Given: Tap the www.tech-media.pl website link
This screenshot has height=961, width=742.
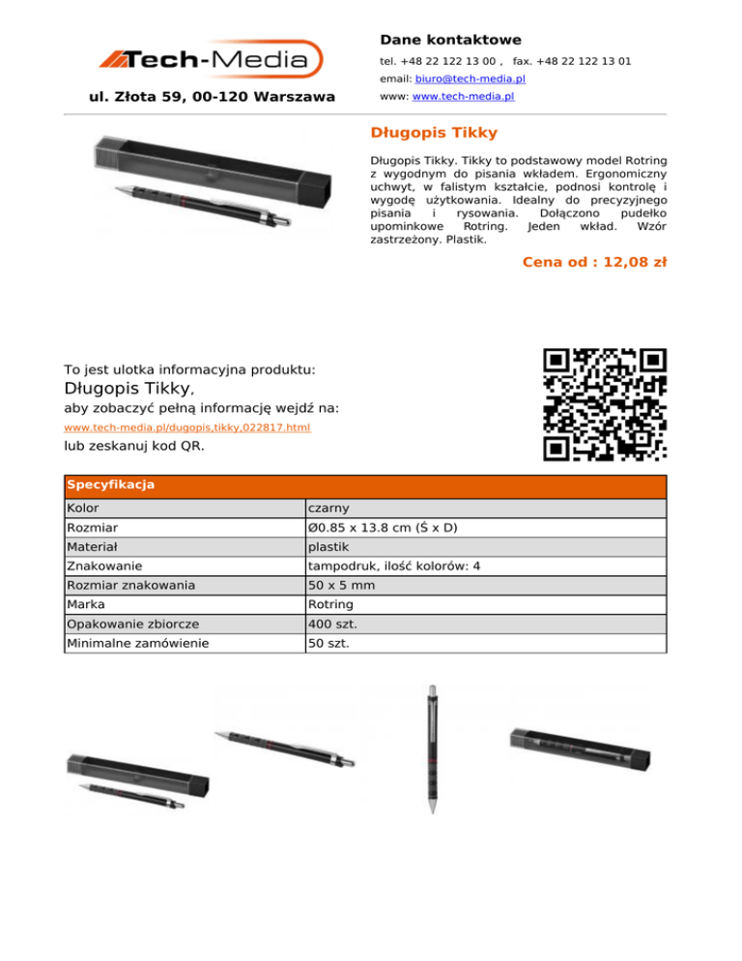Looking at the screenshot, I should pos(462,97).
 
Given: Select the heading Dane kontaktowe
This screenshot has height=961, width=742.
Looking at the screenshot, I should pos(450,40).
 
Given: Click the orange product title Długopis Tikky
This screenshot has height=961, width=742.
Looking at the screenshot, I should pos(434,131).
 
